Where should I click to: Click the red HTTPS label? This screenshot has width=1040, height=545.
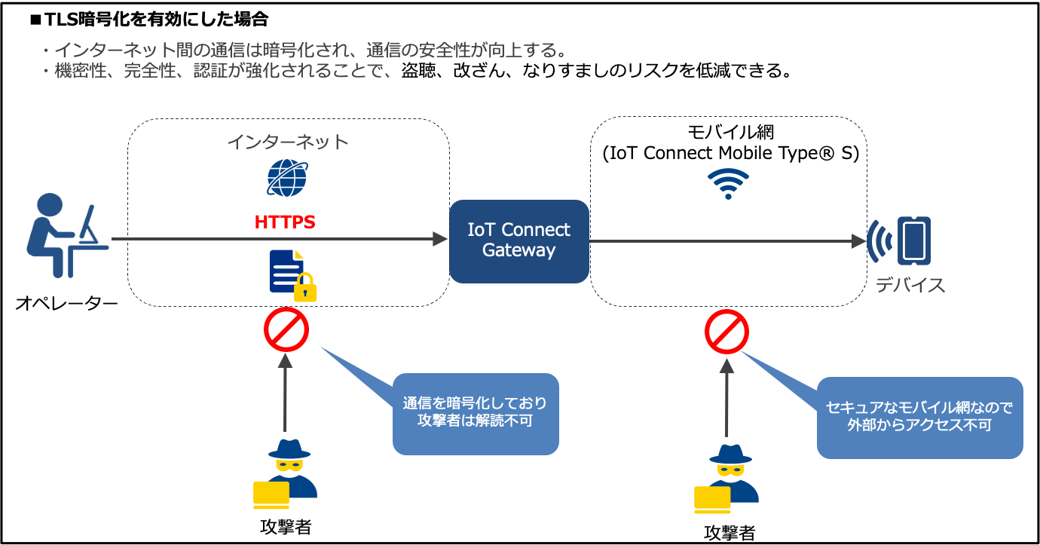tap(284, 222)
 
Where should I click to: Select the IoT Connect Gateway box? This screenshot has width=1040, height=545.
tap(518, 240)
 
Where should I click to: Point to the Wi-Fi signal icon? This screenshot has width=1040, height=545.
tap(728, 183)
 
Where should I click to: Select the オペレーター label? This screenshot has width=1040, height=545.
tap(67, 304)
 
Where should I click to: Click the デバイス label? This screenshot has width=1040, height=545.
tap(910, 285)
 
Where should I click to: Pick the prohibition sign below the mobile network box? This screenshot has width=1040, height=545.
tap(726, 332)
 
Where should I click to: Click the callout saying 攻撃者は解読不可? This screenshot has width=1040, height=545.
tap(476, 413)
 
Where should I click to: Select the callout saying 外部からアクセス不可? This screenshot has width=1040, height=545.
tap(919, 417)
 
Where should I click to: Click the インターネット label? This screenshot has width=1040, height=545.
tap(288, 141)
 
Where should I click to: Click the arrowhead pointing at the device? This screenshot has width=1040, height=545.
tap(858, 241)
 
